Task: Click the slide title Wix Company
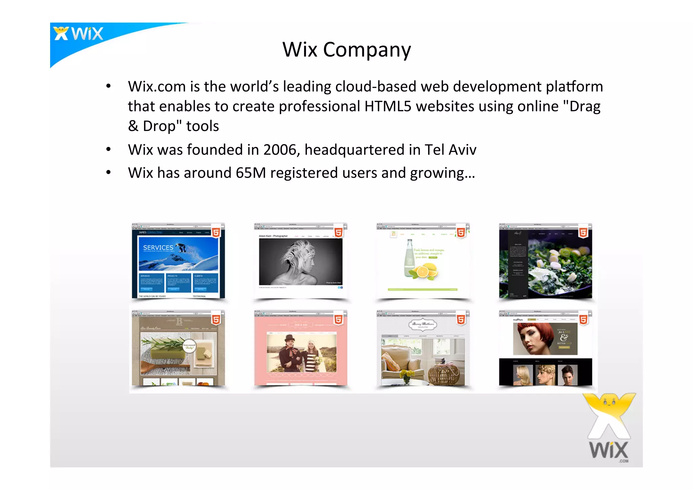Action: [346, 49]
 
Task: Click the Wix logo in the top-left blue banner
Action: [79, 34]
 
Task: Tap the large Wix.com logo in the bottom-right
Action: [609, 428]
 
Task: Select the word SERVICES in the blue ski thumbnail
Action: [158, 248]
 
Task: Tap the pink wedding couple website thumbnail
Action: [301, 349]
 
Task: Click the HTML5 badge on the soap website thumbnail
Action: [216, 319]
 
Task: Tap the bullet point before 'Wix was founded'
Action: [108, 149]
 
